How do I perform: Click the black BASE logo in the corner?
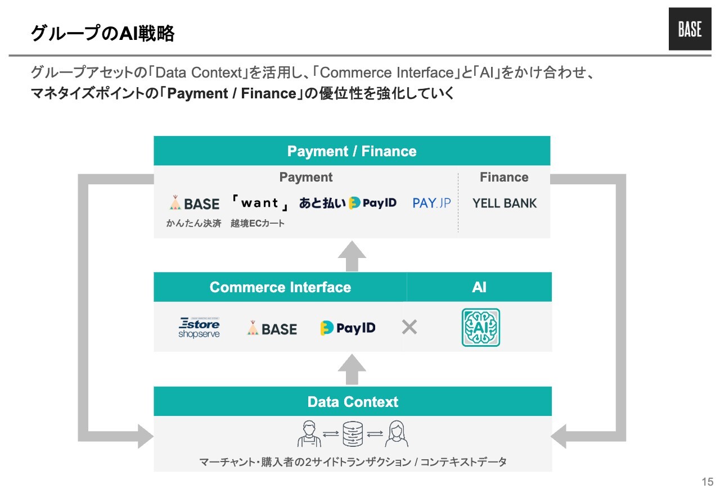[x=690, y=29]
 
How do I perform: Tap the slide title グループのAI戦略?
[x=102, y=34]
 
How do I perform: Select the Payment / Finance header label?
[x=352, y=151]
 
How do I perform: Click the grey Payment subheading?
[x=306, y=177]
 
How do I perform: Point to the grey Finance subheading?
[x=504, y=177]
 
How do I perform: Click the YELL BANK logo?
[x=505, y=203]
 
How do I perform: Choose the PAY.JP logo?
[x=431, y=203]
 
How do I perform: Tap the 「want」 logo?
[x=260, y=203]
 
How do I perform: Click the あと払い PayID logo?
[x=348, y=203]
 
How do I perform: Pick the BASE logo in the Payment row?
[x=195, y=203]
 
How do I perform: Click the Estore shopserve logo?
[x=199, y=328]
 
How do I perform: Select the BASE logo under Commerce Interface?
[x=272, y=328]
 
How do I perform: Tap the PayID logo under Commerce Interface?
[x=348, y=328]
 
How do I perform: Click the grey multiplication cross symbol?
[x=409, y=327]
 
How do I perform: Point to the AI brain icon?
[x=480, y=328]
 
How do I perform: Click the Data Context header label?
[x=353, y=402]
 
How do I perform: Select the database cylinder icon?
[x=353, y=433]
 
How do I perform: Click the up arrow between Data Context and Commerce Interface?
[x=352, y=369]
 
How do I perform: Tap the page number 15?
[x=707, y=482]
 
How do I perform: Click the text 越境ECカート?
[x=258, y=224]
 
